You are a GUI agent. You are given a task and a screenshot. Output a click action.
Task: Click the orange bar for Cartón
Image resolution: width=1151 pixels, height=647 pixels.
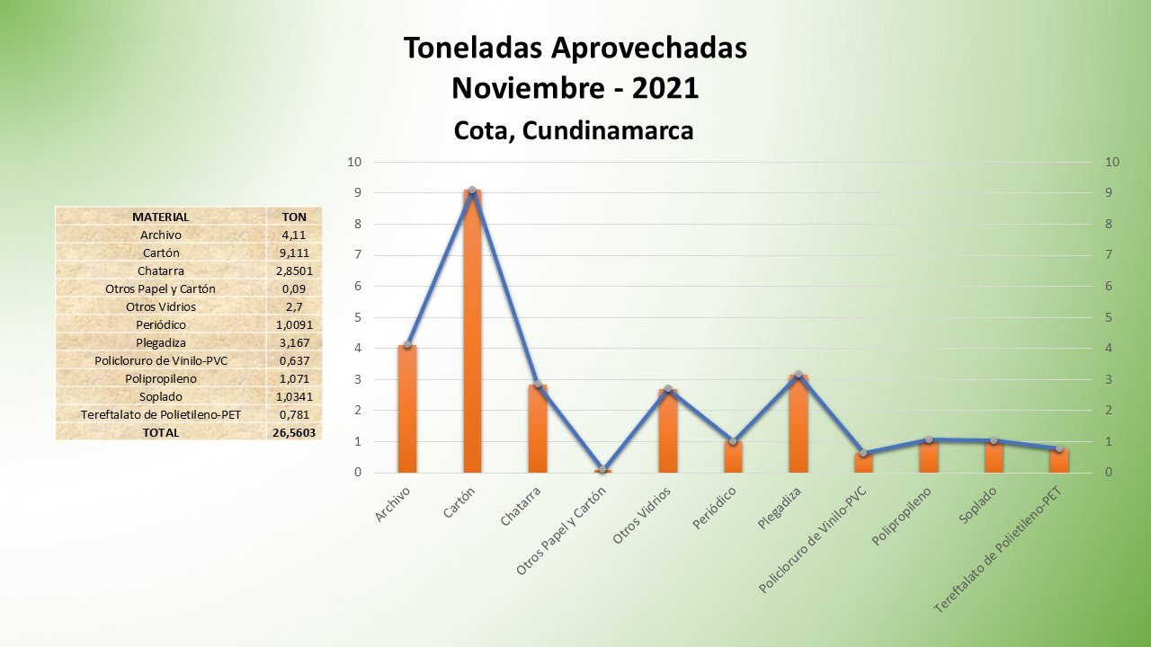pyautogui.click(x=472, y=332)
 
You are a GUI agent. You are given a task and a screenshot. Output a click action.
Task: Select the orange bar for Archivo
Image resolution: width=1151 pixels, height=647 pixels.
pyautogui.click(x=407, y=409)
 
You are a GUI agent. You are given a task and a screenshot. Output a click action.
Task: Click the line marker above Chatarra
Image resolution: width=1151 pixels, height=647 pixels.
pyautogui.click(x=538, y=385)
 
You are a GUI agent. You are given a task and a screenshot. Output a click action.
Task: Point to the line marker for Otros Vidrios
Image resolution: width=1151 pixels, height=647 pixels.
pyautogui.click(x=667, y=389)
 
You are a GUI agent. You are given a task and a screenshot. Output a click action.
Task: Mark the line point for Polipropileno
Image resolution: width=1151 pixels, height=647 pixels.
pyautogui.click(x=928, y=439)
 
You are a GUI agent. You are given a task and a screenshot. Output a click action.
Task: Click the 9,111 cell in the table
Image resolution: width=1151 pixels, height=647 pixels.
pyautogui.click(x=294, y=253)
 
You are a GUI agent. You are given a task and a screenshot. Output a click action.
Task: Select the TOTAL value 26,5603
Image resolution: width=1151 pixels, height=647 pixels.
pyautogui.click(x=294, y=432)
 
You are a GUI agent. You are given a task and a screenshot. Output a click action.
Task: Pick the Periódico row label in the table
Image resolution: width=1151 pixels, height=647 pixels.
pyautogui.click(x=161, y=324)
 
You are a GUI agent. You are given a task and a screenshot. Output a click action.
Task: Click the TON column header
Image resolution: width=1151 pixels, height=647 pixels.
pyautogui.click(x=294, y=217)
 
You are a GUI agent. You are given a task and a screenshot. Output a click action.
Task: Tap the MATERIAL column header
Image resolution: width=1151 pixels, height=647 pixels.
pyautogui.click(x=161, y=217)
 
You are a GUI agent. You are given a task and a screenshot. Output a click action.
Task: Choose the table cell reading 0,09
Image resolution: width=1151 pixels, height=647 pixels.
pyautogui.click(x=294, y=288)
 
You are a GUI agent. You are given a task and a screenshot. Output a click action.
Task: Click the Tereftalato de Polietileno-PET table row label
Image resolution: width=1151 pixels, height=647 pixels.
pyautogui.click(x=161, y=414)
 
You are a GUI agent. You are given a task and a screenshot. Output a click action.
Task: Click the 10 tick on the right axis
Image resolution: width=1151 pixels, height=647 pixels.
pyautogui.click(x=1112, y=163)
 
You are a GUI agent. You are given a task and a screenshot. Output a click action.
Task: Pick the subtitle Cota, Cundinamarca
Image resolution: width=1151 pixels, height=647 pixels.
pyautogui.click(x=574, y=130)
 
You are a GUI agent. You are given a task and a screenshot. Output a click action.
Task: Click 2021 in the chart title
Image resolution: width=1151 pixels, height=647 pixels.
pyautogui.click(x=665, y=88)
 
